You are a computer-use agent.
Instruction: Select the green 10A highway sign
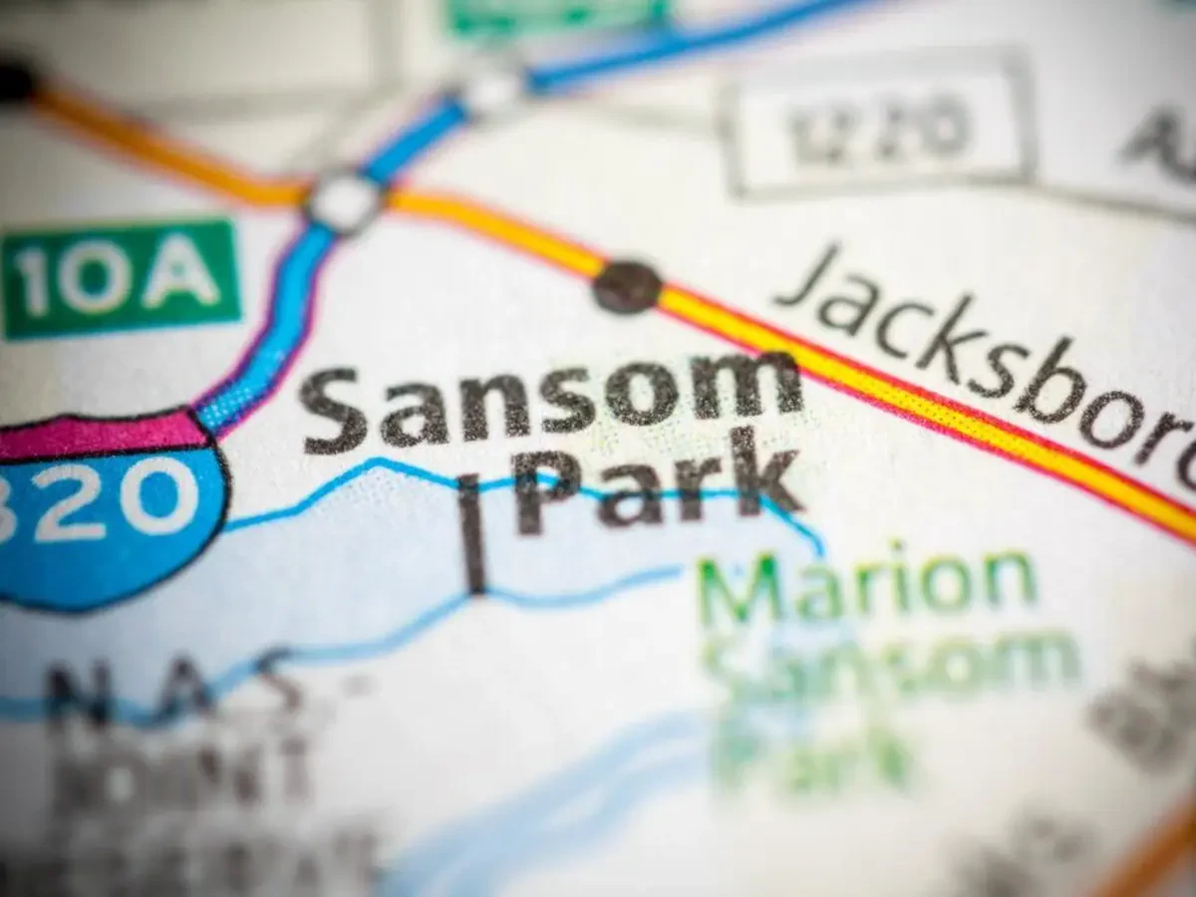click(x=121, y=278)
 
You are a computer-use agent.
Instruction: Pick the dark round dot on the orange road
click(x=627, y=286)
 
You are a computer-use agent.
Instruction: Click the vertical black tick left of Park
click(x=471, y=533)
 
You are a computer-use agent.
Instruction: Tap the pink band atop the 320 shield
click(x=100, y=436)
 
